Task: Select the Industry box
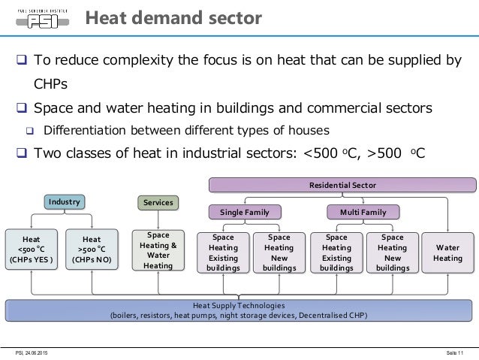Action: [64, 202]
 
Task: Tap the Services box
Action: [158, 203]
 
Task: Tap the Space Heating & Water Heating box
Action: [158, 250]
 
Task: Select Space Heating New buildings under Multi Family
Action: [392, 252]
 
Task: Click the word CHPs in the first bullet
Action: [50, 83]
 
